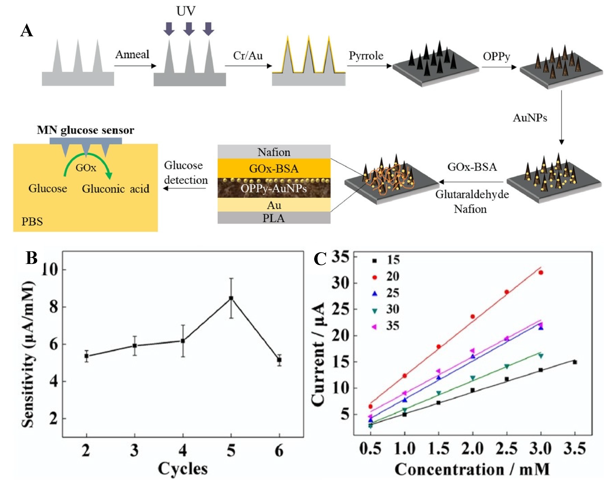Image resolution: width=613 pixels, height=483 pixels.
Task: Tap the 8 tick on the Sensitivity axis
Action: tap(54, 307)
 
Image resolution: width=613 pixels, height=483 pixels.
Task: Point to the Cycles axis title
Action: tap(183, 469)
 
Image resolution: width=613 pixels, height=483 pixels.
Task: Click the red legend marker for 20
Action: tap(375, 277)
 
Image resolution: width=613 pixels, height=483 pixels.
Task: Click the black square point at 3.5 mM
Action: tap(575, 362)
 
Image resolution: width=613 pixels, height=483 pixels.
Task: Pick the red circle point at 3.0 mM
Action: tap(541, 273)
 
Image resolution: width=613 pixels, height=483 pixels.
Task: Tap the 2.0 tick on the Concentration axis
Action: tap(472, 449)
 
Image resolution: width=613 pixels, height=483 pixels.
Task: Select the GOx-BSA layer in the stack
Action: tap(274, 168)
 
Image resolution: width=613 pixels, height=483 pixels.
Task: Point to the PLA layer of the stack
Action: tap(274, 218)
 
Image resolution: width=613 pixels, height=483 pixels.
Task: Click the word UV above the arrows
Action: tap(186, 11)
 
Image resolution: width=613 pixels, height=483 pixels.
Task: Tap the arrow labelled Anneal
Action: tap(135, 66)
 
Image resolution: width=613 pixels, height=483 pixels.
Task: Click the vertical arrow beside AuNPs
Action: tap(561, 117)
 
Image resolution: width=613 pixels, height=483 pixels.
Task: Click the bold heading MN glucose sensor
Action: tap(85, 130)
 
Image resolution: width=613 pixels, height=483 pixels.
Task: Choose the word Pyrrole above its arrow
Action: tap(366, 56)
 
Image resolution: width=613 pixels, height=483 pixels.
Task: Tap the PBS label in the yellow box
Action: tap(32, 221)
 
